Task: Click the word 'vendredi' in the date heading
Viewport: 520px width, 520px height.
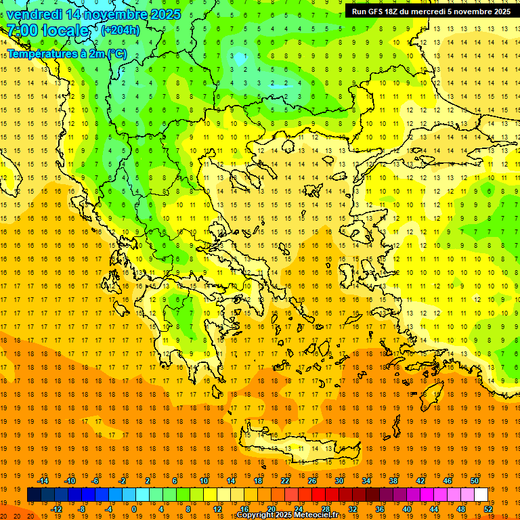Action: point(35,14)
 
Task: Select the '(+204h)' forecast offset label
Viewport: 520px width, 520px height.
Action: point(120,30)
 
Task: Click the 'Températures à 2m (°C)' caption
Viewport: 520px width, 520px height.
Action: point(66,53)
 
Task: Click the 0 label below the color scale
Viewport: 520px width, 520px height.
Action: point(134,509)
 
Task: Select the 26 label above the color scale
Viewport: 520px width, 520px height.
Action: point(312,481)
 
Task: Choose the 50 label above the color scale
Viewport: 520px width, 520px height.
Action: point(475,481)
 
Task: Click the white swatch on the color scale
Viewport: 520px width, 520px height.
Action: point(481,495)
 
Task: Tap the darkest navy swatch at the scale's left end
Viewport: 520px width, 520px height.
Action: point(34,495)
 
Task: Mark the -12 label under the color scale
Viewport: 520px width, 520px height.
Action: point(56,509)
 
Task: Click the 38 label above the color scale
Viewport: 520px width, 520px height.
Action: point(393,481)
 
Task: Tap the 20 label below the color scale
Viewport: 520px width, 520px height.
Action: point(272,509)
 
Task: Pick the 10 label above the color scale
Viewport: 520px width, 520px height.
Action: point(204,481)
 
